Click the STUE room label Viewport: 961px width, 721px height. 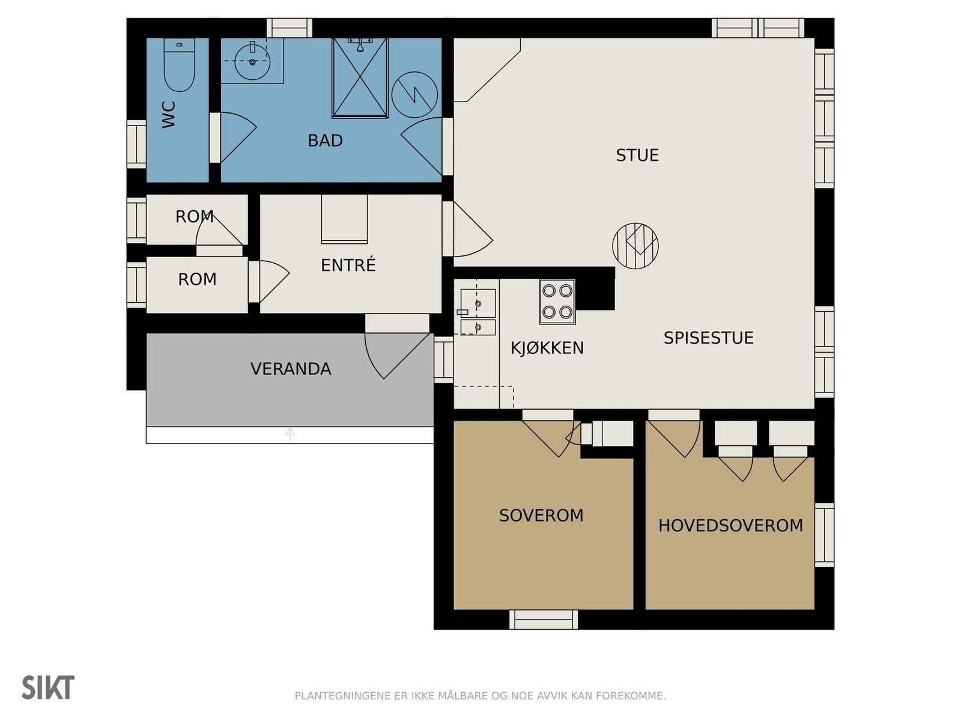pos(637,156)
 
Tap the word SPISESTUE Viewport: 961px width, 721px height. pos(708,338)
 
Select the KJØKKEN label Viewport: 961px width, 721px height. pos(547,348)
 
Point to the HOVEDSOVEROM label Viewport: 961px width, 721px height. pos(730,526)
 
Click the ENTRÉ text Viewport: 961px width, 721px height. pos(348,265)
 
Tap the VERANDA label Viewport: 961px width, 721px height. pos(291,369)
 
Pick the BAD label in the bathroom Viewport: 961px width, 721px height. pos(325,141)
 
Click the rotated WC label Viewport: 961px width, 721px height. pos(169,115)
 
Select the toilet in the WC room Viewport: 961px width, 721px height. pos(179,65)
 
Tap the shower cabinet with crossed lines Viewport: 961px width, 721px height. pos(360,78)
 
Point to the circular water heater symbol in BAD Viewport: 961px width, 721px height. pos(414,94)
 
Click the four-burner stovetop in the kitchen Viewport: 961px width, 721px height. pos(557,302)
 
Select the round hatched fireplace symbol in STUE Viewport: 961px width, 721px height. pos(635,246)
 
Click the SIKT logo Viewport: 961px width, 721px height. pos(48,687)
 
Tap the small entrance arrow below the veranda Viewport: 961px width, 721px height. pos(290,435)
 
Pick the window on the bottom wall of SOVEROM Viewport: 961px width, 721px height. pos(544,619)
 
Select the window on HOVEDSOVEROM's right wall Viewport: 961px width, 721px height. pos(824,535)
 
